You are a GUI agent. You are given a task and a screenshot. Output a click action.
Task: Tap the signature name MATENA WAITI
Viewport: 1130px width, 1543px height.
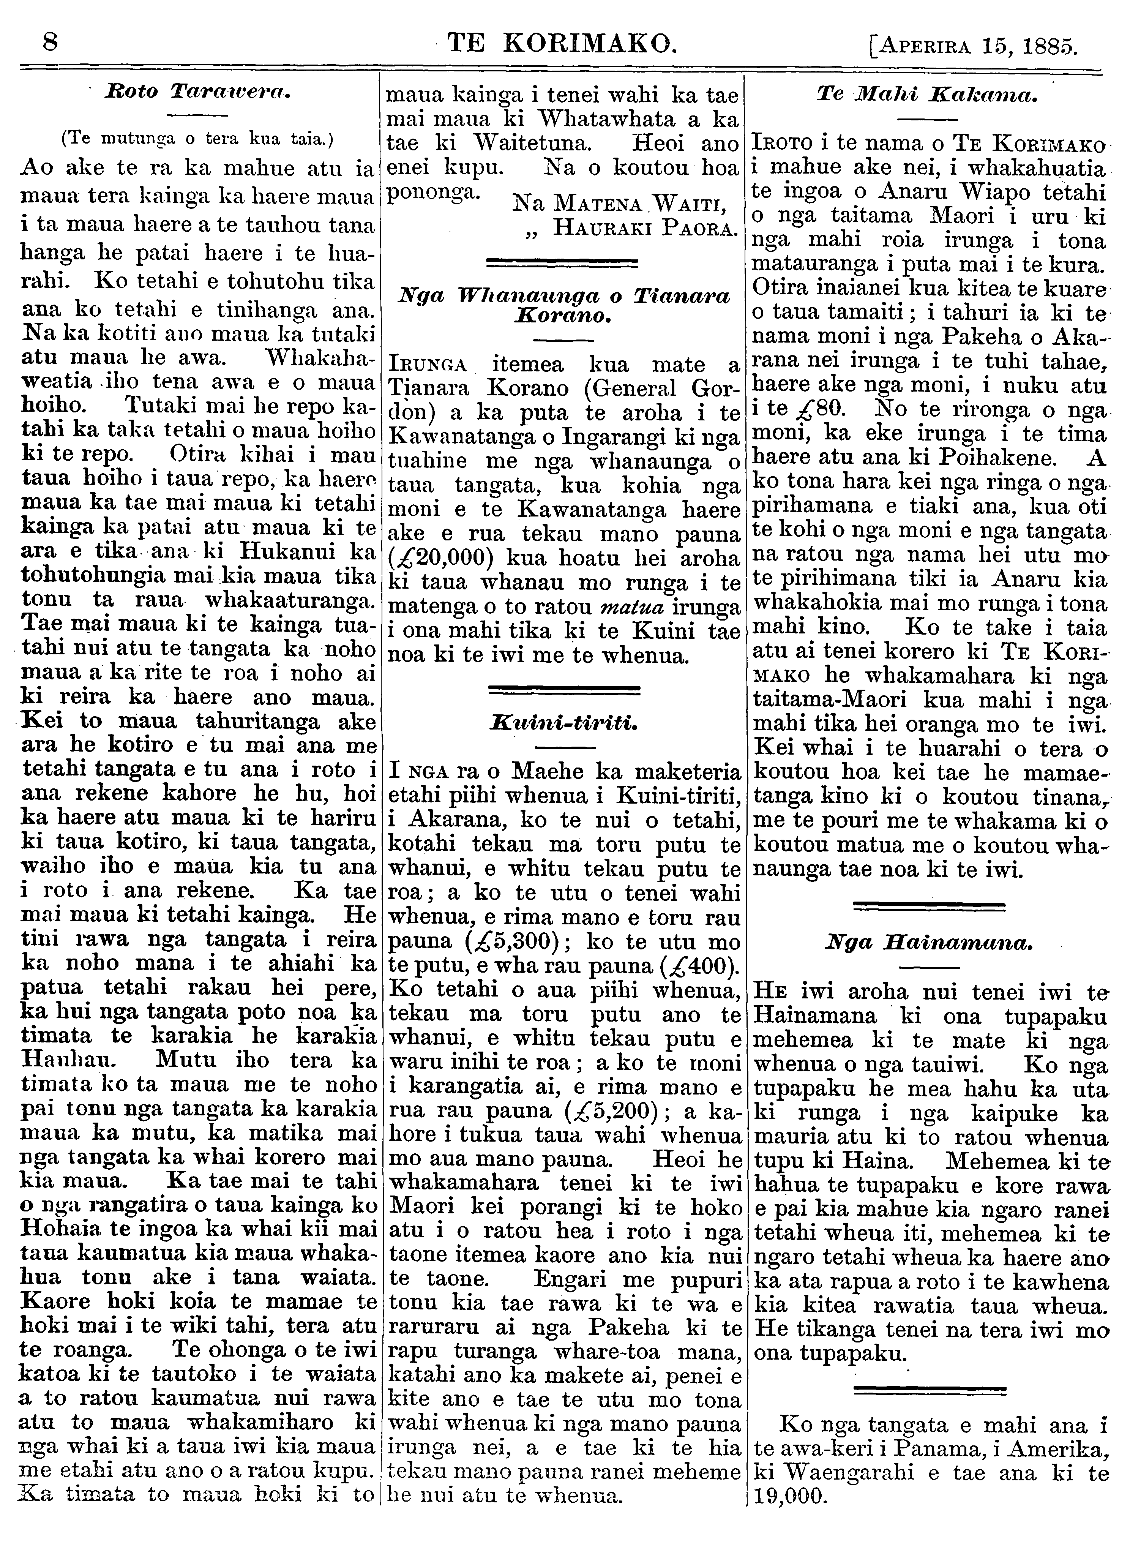click(625, 204)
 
